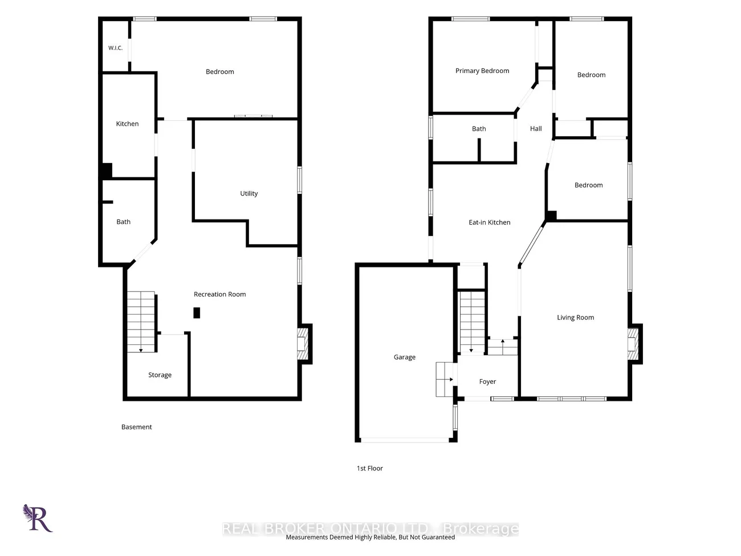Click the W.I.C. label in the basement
pos(115,48)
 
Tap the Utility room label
pos(249,193)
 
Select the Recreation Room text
pos(219,294)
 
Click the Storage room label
pos(160,375)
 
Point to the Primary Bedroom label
pos(482,71)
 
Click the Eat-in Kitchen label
pos(490,222)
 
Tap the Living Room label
pos(575,317)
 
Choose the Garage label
pos(405,357)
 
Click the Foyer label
pos(487,382)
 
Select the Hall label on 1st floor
pos(536,129)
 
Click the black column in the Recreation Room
pos(197,313)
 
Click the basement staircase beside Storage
pos(141,322)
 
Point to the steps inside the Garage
pos(444,379)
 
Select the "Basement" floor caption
pos(136,427)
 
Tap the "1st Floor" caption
pos(370,468)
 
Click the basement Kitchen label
pos(127,124)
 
